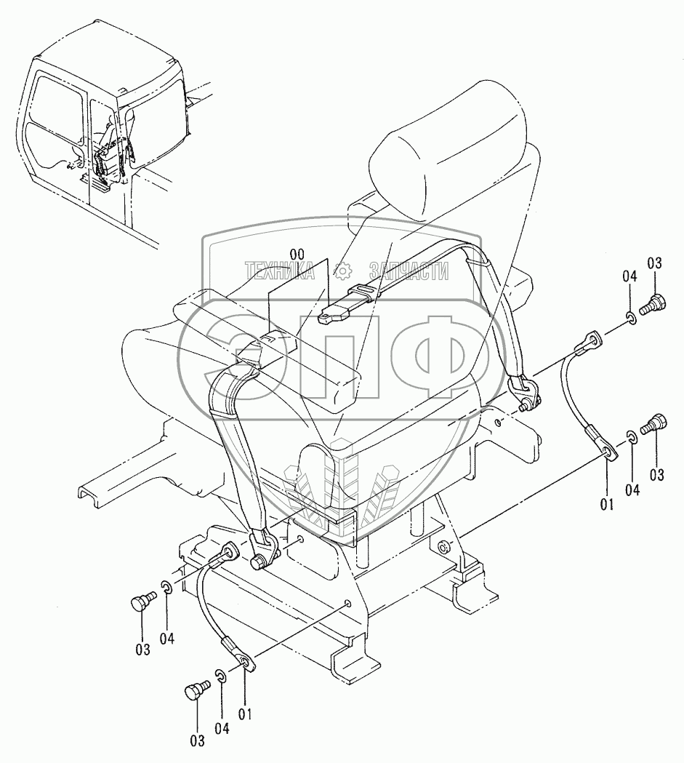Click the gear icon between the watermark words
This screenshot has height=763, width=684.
click(x=342, y=271)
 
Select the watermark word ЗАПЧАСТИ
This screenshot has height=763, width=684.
click(x=409, y=271)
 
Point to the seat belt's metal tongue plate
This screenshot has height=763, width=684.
click(x=334, y=313)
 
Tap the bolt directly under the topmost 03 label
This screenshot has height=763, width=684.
click(x=655, y=300)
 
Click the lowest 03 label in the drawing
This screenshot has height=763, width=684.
click(x=198, y=740)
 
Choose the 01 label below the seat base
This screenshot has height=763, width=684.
click(x=245, y=714)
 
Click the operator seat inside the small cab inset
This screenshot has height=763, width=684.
click(x=110, y=157)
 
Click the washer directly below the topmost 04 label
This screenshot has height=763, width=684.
click(x=632, y=317)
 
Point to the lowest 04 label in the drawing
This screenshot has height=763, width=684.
click(x=222, y=727)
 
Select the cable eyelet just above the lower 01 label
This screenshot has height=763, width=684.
click(x=244, y=660)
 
